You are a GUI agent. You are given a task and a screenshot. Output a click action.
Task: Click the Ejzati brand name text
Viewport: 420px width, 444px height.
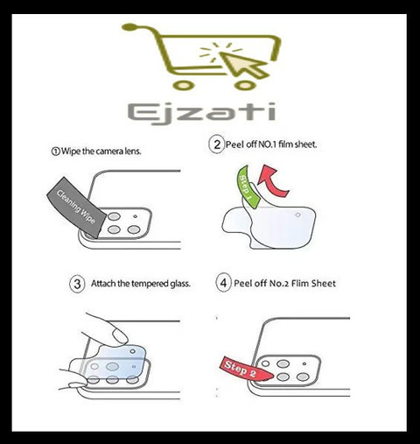click(x=201, y=113)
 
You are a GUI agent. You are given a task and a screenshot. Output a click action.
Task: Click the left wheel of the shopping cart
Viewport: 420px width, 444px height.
click(x=183, y=85)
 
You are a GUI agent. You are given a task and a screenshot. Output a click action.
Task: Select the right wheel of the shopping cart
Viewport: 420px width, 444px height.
click(x=245, y=85)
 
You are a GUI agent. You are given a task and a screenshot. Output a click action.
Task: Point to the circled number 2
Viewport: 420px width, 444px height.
click(x=217, y=144)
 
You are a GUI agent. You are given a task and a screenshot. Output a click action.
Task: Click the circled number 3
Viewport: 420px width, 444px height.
click(x=77, y=284)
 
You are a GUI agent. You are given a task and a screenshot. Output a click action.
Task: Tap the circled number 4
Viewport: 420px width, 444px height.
click(x=223, y=283)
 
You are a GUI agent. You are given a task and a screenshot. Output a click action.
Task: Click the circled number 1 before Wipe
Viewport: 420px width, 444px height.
click(x=55, y=152)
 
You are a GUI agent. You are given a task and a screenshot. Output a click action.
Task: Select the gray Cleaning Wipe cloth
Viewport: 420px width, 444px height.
click(x=76, y=207)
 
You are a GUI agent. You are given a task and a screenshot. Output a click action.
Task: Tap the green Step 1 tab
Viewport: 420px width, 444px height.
click(x=247, y=187)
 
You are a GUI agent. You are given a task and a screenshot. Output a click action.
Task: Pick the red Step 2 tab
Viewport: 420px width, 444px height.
click(x=244, y=370)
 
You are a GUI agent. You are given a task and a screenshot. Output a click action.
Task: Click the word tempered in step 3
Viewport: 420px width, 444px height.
click(x=150, y=284)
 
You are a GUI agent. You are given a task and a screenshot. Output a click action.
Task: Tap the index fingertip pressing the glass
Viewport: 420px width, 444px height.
click(x=121, y=336)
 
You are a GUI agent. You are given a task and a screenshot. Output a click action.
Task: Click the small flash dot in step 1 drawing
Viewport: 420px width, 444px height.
click(x=135, y=216)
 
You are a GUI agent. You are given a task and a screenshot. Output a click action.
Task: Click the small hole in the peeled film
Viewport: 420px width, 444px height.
click(x=297, y=215)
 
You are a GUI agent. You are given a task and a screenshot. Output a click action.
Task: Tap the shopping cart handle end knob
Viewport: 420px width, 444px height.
click(x=129, y=27)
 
